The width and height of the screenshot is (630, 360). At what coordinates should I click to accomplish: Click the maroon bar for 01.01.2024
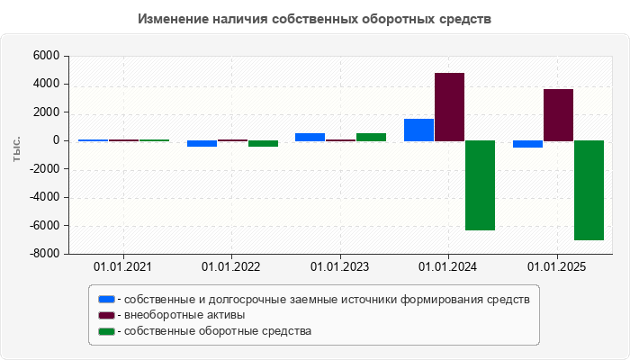(449, 106)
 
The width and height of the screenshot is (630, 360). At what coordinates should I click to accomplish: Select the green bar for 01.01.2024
(480, 185)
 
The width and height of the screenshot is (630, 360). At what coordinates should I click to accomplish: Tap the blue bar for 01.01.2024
(418, 130)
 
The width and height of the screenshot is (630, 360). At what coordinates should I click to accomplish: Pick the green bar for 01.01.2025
(589, 190)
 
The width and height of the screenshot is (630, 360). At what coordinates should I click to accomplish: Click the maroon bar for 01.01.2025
(558, 114)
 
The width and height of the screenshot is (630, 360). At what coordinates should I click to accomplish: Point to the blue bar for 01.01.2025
(527, 144)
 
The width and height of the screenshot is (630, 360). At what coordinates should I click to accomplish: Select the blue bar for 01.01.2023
(310, 137)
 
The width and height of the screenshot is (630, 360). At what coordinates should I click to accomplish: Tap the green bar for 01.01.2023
(371, 137)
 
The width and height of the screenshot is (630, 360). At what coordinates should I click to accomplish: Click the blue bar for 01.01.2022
(202, 143)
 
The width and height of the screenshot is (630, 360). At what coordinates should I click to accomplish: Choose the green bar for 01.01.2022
(263, 143)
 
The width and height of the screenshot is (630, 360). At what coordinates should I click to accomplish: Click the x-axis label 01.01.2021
(123, 266)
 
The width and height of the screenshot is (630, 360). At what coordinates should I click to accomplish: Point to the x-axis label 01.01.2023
(340, 266)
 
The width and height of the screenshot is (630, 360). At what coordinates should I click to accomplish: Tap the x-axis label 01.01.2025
(557, 266)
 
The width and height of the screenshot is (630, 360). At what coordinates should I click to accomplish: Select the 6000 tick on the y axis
(46, 56)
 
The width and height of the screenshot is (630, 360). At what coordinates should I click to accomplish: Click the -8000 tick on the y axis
(43, 254)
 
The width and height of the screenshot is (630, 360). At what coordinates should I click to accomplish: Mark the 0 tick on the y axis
(56, 140)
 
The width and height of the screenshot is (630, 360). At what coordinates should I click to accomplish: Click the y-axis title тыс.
(17, 150)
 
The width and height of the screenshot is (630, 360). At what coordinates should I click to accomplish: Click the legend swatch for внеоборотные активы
(107, 315)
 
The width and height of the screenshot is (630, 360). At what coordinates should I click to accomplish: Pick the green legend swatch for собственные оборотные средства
(107, 331)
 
